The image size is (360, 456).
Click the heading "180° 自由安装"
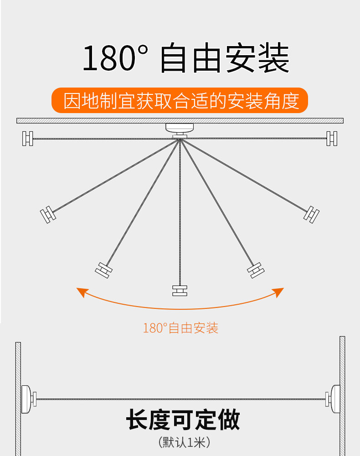point(186,57)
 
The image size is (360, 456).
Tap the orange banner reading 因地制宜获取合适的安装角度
point(180,100)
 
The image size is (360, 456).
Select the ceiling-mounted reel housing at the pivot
point(180,130)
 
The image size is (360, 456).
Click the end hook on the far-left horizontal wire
point(28,139)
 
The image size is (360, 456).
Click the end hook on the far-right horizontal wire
point(332,139)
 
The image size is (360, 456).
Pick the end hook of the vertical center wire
point(180,290)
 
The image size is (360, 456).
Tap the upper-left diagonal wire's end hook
point(48,214)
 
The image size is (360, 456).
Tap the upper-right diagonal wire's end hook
point(312,214)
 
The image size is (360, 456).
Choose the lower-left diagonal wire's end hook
point(104,270)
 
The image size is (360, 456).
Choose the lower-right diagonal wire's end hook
point(256,270)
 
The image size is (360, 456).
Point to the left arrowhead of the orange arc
point(82,292)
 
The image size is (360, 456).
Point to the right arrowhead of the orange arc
point(278,292)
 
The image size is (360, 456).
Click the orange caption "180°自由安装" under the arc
point(180,328)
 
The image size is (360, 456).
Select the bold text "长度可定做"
point(183,419)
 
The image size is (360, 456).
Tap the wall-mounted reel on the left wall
point(28,399)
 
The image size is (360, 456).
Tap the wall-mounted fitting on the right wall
point(333,399)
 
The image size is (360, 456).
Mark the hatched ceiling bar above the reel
point(180,121)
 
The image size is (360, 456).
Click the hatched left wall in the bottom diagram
point(18,399)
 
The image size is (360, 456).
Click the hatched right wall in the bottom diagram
point(342,396)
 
